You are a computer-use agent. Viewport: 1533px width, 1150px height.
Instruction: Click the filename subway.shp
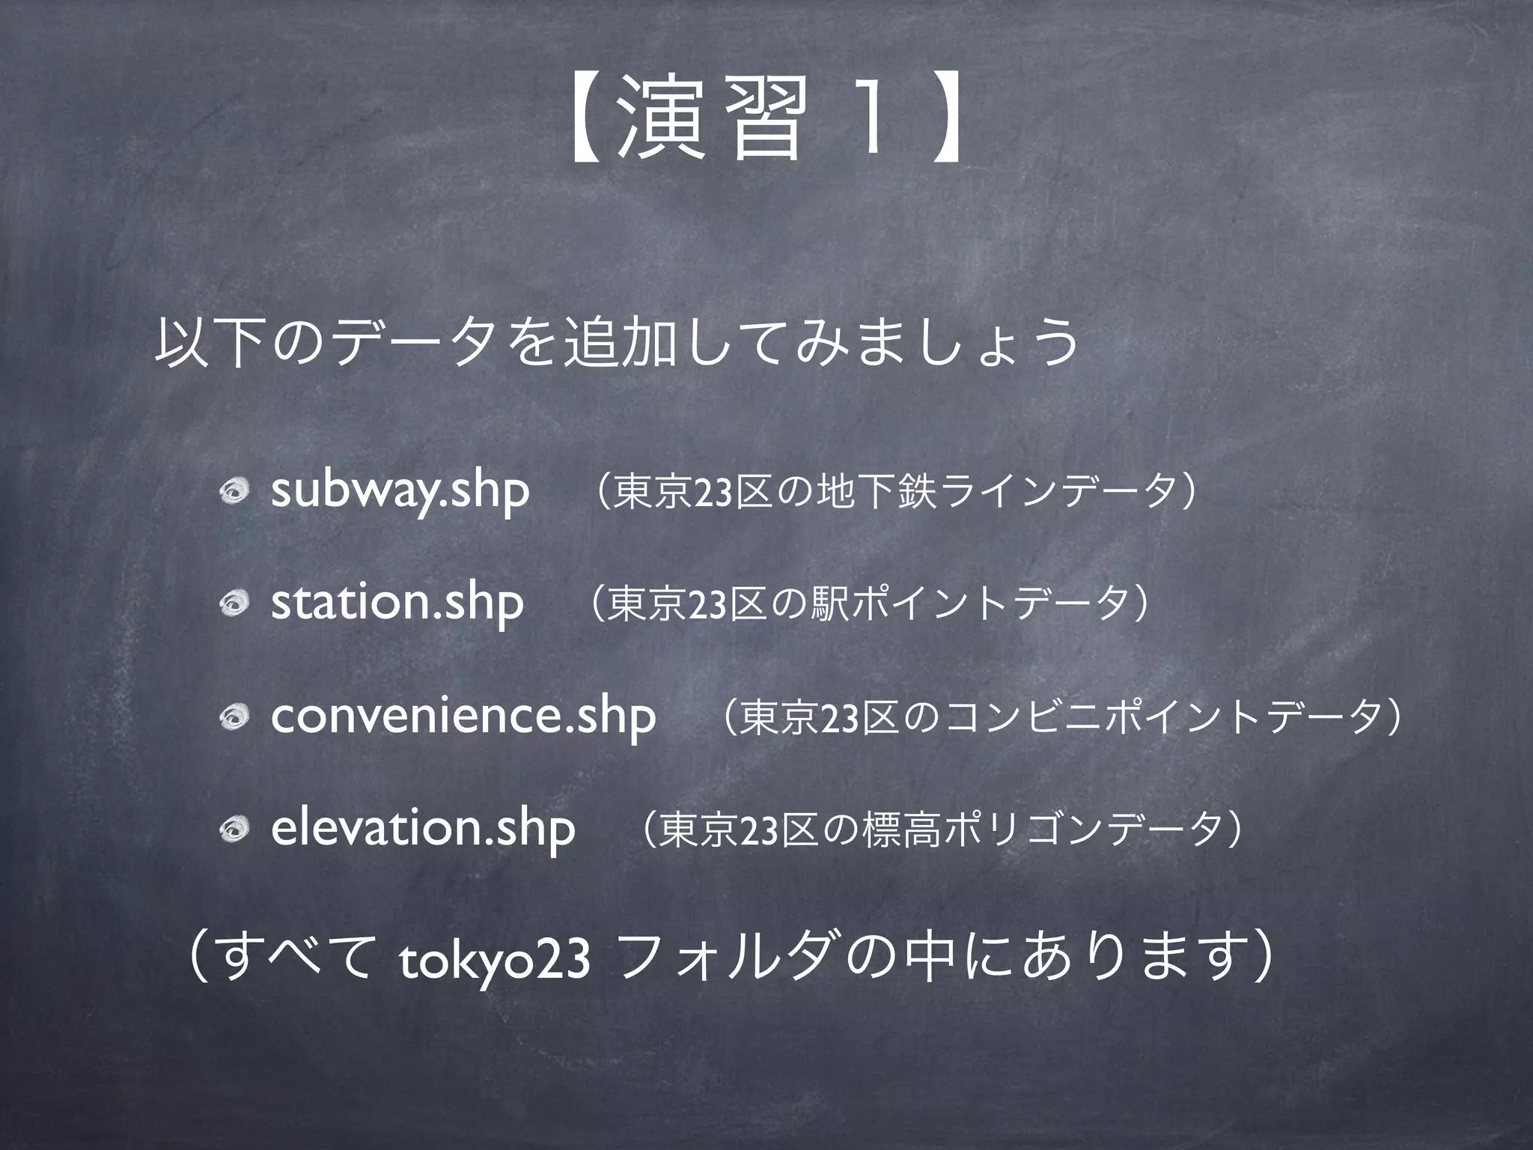pyautogui.click(x=400, y=492)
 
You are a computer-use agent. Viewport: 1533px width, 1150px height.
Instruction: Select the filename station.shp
pyautogui.click(x=397, y=603)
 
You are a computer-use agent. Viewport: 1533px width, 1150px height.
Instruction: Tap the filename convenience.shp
pyautogui.click(x=463, y=717)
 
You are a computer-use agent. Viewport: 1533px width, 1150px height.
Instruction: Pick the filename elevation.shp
pyautogui.click(x=423, y=829)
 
